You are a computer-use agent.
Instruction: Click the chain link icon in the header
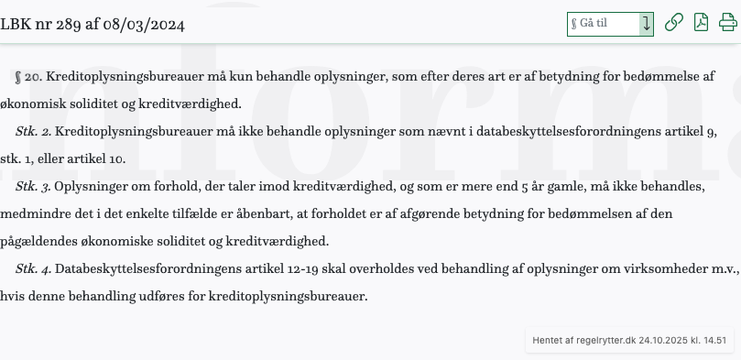tap(674, 23)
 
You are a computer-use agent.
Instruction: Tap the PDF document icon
tap(701, 23)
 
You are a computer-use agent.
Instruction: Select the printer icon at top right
tap(728, 23)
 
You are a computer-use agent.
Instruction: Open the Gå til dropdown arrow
tap(647, 24)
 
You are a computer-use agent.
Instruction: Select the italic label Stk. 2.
tap(33, 132)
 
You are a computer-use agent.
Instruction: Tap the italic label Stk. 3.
tap(33, 187)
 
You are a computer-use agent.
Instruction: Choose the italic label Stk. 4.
tap(33, 269)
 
